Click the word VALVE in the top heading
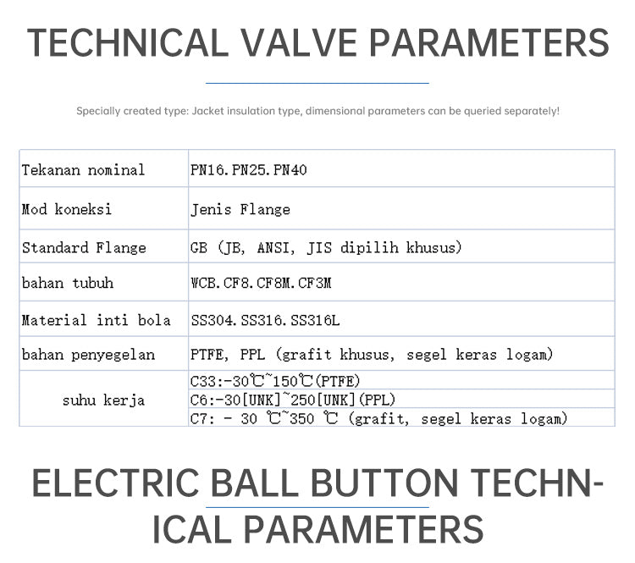coord(299,42)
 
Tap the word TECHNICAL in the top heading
coord(128,42)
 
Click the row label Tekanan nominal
coord(83,169)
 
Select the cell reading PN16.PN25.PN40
coord(249,169)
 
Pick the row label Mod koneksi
coord(66,209)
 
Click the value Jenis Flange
coord(240,209)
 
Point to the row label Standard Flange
coord(84,247)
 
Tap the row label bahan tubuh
coord(68,283)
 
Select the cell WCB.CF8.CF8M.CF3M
coord(262,283)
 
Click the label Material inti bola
coord(96,320)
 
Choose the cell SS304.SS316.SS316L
coord(265,320)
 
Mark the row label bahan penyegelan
coord(88,355)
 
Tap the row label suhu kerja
coord(103,400)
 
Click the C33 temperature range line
coord(275,381)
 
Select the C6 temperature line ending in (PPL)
coord(293,400)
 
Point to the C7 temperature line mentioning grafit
coord(378,418)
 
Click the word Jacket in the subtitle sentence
coord(207,111)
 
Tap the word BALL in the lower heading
coord(254,483)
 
